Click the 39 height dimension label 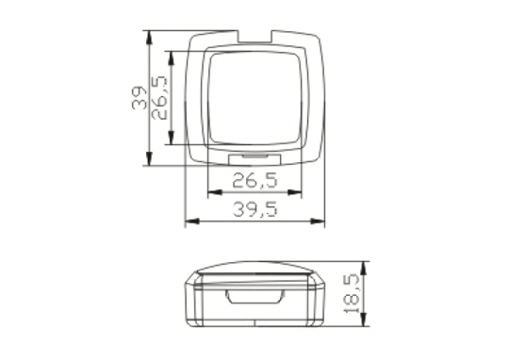(139, 98)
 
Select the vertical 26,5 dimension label (159, 98)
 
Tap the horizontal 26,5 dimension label (255, 180)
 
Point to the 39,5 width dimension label (255, 208)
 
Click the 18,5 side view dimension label (352, 293)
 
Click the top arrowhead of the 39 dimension (149, 38)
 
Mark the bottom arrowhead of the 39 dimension (149, 158)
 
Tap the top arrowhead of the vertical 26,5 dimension (172, 57)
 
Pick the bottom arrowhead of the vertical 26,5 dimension (172, 138)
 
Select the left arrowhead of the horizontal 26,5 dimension (215, 192)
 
